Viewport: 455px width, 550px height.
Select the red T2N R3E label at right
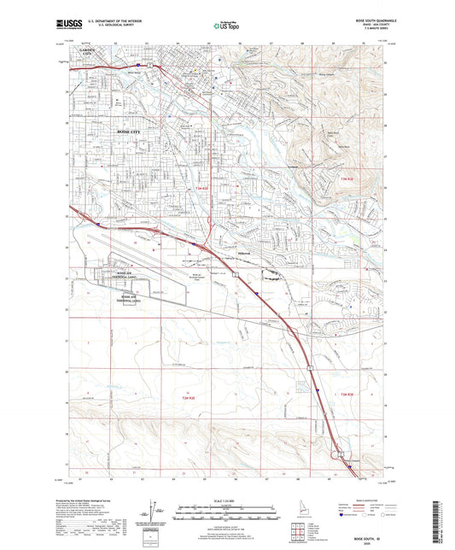(342, 394)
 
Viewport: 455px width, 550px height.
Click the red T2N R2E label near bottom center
(188, 398)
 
